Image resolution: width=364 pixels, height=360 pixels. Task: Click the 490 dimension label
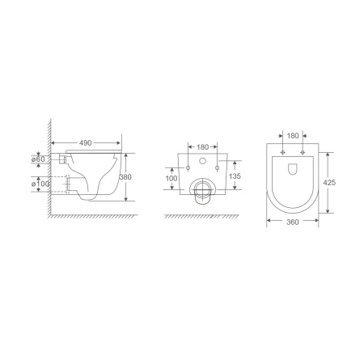86,143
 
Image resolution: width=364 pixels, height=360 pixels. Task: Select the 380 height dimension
125,177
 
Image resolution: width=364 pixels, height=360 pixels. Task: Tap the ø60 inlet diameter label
38,159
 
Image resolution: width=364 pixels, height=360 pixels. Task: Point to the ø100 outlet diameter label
40,184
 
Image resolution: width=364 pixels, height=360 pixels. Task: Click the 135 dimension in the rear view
235,176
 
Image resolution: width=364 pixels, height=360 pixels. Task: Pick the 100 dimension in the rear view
171,178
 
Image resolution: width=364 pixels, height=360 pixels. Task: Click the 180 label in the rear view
203,147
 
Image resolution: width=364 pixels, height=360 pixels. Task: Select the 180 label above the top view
293,136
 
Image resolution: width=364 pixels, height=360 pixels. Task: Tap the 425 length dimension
329,183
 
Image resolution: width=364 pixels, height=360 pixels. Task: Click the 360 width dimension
293,222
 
